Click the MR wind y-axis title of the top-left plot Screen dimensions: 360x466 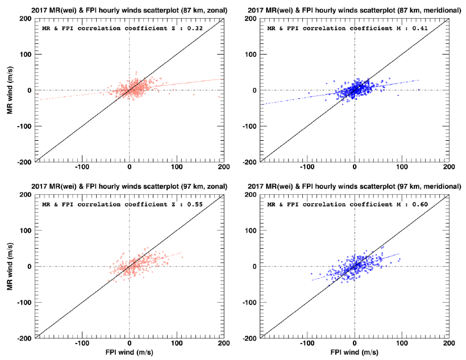coord(10,90)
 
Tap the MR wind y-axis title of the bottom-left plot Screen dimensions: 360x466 coord(10,266)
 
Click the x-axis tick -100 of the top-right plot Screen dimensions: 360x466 coord(307,168)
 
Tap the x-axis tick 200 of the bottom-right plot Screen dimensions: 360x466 coord(448,345)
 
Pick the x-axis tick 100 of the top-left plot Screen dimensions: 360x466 coord(177,168)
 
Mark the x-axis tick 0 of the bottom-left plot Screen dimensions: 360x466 coord(130,345)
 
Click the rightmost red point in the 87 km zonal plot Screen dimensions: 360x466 coord(219,97)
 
